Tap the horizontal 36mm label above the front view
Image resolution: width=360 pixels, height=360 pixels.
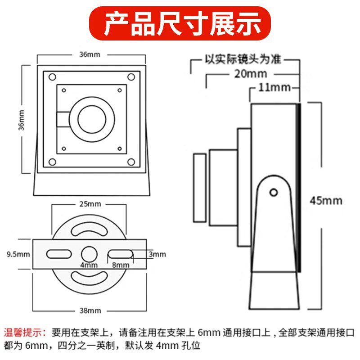pyautogui.click(x=90, y=55)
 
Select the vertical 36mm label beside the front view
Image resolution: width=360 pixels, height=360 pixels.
pyautogui.click(x=21, y=119)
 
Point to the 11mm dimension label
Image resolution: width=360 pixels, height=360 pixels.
pyautogui.click(x=274, y=87)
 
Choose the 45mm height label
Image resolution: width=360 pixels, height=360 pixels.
pyautogui.click(x=326, y=200)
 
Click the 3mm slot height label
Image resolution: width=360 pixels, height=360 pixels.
pyautogui.click(x=157, y=254)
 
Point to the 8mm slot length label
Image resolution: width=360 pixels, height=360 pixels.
pyautogui.click(x=121, y=265)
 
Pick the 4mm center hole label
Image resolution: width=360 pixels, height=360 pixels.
pyautogui.click(x=89, y=265)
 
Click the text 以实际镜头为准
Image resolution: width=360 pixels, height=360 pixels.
pyautogui.click(x=243, y=59)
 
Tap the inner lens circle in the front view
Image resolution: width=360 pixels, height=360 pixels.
pyautogui.click(x=92, y=120)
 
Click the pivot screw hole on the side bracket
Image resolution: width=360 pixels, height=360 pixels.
pyautogui.click(x=273, y=192)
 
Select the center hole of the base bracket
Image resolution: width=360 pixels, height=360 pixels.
pyautogui.click(x=90, y=253)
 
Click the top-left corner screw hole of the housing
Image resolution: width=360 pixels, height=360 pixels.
pyautogui.click(x=52, y=77)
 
